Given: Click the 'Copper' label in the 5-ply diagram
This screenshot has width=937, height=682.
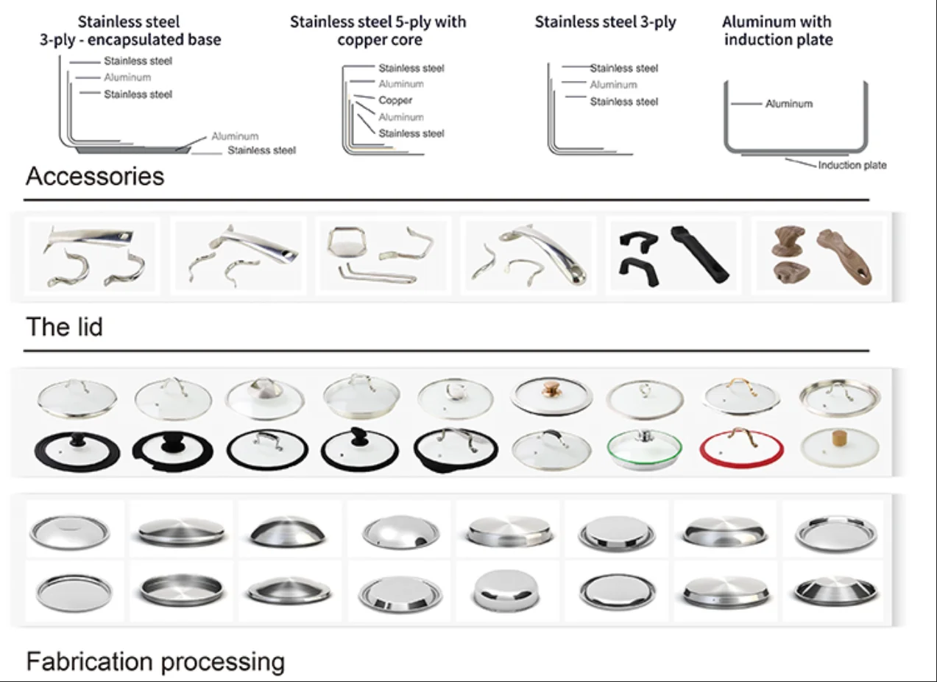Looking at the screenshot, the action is click(x=395, y=100).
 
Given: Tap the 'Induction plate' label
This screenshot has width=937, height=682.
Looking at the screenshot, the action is click(x=852, y=166).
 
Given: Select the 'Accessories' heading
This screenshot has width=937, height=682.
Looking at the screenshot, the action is click(x=95, y=177).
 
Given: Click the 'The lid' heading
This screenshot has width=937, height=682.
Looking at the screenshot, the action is click(x=64, y=327).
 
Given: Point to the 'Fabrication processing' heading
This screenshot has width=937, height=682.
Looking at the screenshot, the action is click(x=155, y=661).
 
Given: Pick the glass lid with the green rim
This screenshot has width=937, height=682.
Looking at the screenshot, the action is click(x=644, y=447).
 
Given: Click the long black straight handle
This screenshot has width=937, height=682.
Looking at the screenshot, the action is click(x=699, y=254).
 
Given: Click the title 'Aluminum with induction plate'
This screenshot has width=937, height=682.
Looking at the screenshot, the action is click(x=778, y=31).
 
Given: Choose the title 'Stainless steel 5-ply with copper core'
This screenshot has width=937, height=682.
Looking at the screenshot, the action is click(x=378, y=31).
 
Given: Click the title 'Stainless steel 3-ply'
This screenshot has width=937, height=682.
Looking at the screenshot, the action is click(x=605, y=22).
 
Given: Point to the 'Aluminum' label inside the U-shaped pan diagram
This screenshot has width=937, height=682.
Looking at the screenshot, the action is click(x=788, y=104).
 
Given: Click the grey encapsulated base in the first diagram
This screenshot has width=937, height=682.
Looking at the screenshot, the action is click(x=132, y=150).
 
